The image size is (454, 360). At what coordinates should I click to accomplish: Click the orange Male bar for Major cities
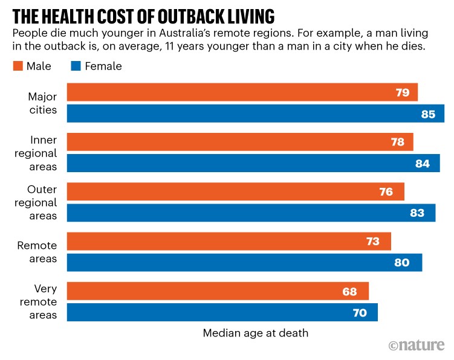pos(242,92)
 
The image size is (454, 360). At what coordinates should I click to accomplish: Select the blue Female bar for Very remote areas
pos(222,312)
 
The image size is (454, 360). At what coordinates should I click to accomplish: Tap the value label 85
pos(428,114)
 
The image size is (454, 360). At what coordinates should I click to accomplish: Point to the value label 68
pos(349,291)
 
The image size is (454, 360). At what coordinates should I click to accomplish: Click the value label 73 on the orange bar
pos(372,242)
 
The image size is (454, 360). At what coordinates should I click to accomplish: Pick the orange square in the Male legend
pos(17,66)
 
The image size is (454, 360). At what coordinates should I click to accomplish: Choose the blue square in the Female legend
pos(76,66)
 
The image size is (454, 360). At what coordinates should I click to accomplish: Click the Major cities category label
pos(42,103)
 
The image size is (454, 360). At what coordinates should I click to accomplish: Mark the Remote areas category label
pos(37,252)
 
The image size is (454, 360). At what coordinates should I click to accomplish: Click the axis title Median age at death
pos(255,333)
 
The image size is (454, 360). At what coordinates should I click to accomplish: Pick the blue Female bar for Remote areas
pos(244,263)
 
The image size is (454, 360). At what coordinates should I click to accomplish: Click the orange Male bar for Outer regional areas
pos(235,192)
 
